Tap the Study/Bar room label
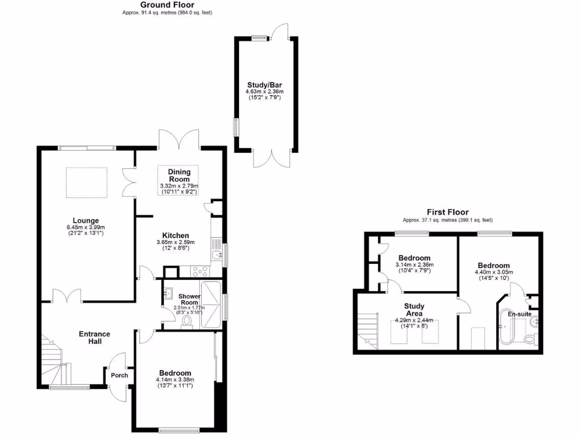pyautogui.click(x=265, y=84)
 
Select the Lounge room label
pyautogui.click(x=86, y=221)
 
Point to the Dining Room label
pyautogui.click(x=179, y=176)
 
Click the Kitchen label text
pyautogui.click(x=176, y=236)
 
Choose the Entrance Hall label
pyautogui.click(x=94, y=338)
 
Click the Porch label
pyautogui.click(x=119, y=376)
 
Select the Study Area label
pyautogui.click(x=414, y=310)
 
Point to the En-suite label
pyautogui.click(x=519, y=314)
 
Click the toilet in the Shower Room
pyautogui.click(x=187, y=323)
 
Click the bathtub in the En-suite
pyautogui.click(x=505, y=331)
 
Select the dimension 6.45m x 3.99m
pyautogui.click(x=86, y=228)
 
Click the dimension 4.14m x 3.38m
pyautogui.click(x=176, y=379)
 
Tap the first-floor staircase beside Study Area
pyautogui.click(x=366, y=331)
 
